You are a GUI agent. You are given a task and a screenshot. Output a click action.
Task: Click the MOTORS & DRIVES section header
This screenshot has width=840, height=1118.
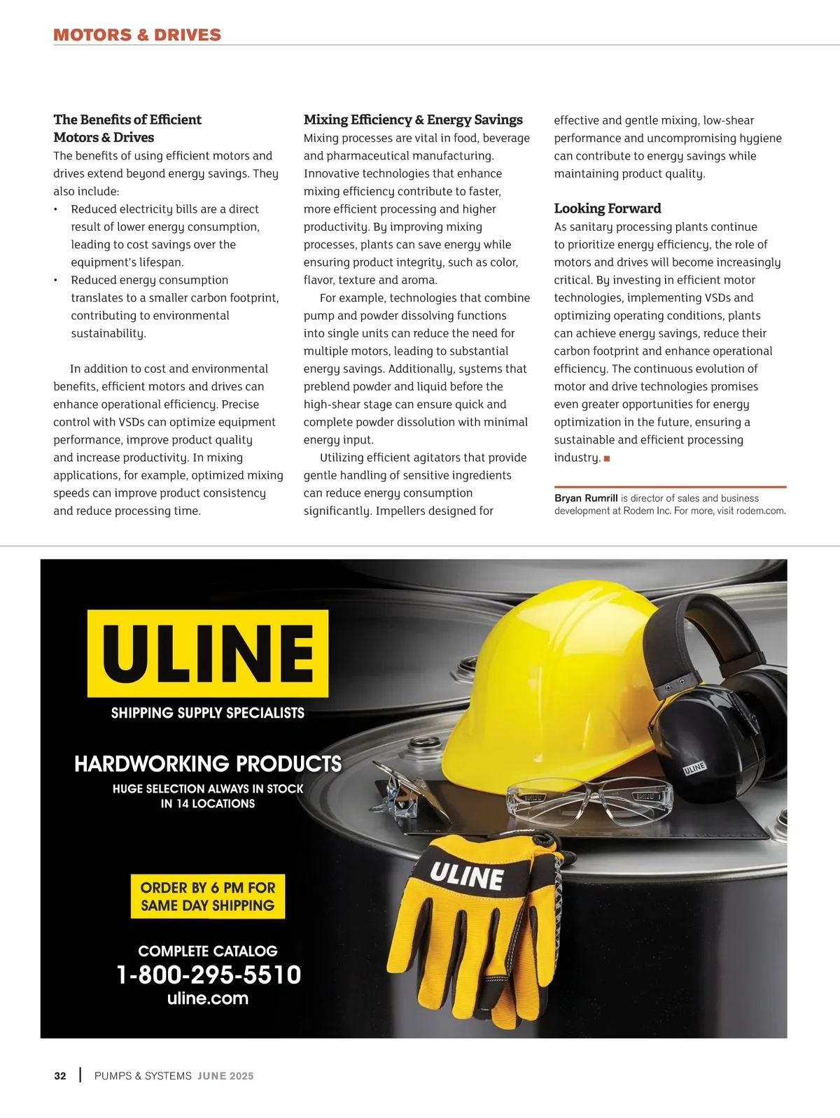click(x=137, y=35)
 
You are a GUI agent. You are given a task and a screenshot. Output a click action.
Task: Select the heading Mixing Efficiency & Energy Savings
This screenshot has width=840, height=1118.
click(x=413, y=120)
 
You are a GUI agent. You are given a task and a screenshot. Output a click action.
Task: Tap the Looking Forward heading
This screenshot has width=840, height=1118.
click(x=607, y=208)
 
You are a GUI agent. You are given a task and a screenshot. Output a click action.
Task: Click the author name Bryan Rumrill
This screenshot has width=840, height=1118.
click(x=586, y=498)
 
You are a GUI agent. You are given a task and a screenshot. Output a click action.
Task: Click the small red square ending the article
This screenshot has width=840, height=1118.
click(x=607, y=458)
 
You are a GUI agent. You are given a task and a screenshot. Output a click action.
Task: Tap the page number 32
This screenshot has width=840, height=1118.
click(x=60, y=1076)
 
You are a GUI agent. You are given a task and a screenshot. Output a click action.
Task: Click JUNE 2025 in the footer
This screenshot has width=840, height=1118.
click(x=225, y=1076)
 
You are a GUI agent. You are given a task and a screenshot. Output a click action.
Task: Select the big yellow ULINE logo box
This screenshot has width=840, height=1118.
click(x=208, y=653)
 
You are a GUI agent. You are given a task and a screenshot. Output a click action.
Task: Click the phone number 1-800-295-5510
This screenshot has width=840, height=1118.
click(x=209, y=975)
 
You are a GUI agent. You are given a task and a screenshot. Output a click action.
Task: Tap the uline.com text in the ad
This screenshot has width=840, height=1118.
click(x=208, y=998)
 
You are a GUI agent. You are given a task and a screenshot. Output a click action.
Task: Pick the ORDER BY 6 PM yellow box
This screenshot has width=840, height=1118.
click(x=208, y=896)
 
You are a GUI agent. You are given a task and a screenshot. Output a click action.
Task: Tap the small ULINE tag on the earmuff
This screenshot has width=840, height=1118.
click(x=694, y=768)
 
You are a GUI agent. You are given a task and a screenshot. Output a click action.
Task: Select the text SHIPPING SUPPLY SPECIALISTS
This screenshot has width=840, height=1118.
click(x=208, y=713)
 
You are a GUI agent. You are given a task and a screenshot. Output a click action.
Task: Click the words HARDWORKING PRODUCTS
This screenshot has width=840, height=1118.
click(x=208, y=763)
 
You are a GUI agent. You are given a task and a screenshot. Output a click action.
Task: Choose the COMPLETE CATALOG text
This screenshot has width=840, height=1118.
click(x=208, y=951)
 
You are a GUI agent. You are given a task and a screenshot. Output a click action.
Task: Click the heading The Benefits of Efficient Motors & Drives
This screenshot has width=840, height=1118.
click(x=127, y=129)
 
